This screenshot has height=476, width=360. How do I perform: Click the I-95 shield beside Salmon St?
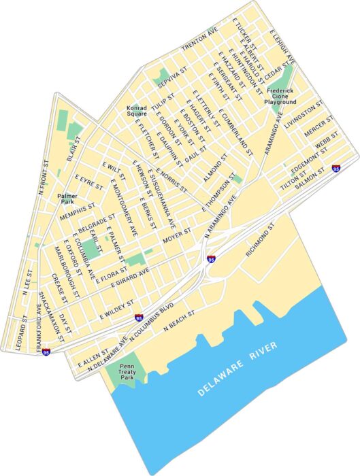336,167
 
